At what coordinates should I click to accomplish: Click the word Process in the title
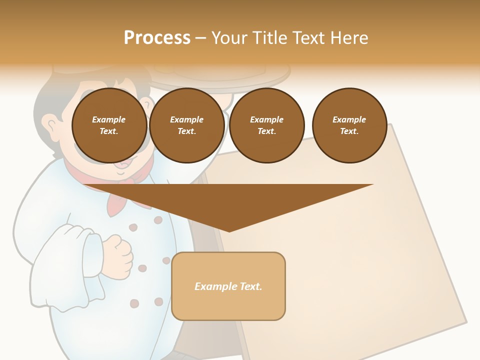pyautogui.click(x=157, y=38)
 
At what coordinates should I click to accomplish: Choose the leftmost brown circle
pyautogui.click(x=109, y=125)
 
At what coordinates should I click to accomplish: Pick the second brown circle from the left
pyautogui.click(x=187, y=125)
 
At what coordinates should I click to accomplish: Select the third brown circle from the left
pyautogui.click(x=267, y=125)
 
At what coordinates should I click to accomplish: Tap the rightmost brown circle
pyautogui.click(x=349, y=125)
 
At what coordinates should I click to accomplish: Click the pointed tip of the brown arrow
pyautogui.click(x=229, y=230)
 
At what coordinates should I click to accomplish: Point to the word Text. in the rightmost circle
pyautogui.click(x=349, y=131)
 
